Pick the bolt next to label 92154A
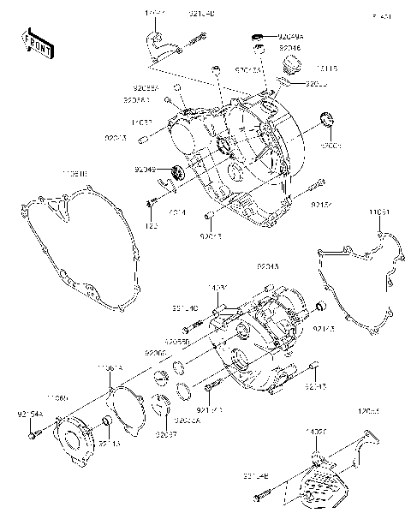point(33,436)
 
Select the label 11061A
point(109,367)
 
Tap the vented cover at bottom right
point(321,488)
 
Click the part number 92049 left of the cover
point(146,170)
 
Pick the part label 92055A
point(146,87)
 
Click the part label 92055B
point(176,340)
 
